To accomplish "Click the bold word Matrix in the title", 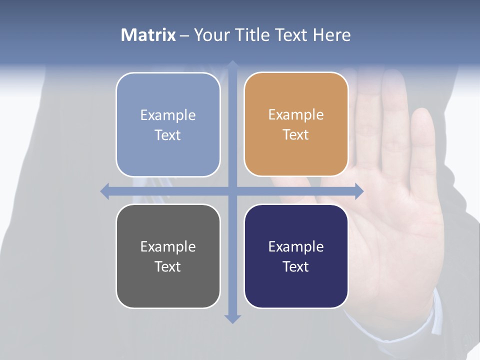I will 148,35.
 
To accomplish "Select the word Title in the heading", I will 255,35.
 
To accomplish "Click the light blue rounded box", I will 168,124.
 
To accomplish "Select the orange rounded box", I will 296,124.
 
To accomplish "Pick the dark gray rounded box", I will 168,256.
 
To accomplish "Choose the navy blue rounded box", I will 296,256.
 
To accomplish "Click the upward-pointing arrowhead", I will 232,64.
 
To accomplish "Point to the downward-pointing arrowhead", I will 232,318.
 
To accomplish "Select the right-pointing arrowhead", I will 359,191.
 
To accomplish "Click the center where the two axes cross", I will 232,191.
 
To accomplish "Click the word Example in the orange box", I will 296,114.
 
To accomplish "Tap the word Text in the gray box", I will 168,266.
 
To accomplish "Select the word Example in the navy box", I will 296,246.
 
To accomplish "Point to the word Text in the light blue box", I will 168,135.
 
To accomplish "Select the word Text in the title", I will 293,35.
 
